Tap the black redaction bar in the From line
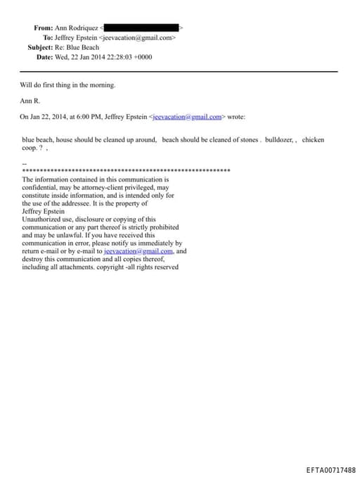141,27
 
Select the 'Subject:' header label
41,47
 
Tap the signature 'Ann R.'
30,101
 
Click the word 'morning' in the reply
100,85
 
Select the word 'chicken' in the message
313,139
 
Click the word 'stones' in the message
247,139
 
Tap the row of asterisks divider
127,171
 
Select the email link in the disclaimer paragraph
138,250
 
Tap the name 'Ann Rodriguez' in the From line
77,27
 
